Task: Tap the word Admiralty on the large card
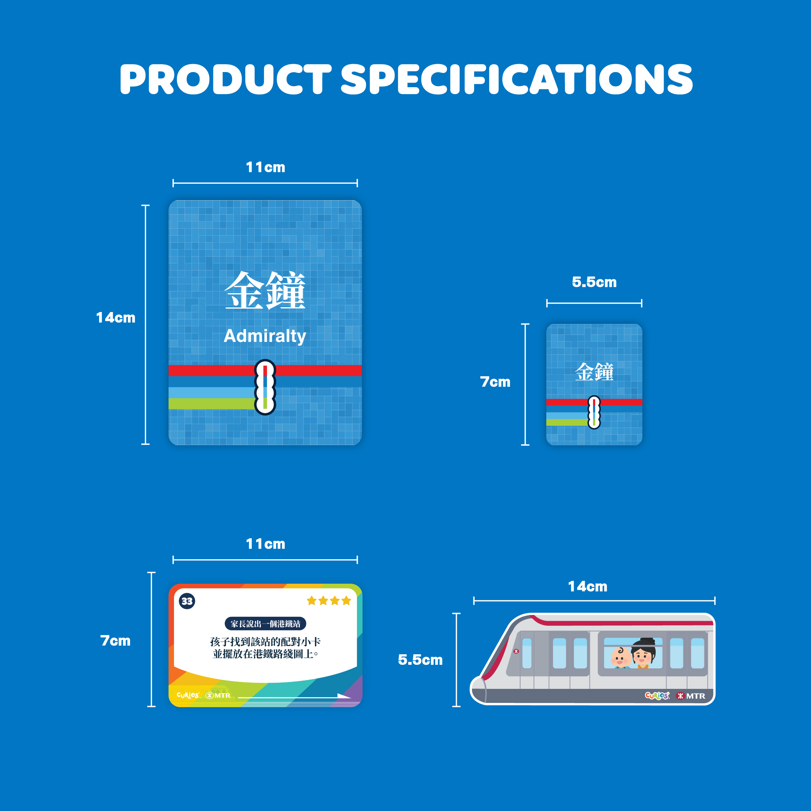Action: point(265,336)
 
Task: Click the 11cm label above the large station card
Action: point(265,167)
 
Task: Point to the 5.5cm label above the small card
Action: point(594,282)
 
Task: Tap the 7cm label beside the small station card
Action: point(495,382)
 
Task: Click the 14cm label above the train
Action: point(588,587)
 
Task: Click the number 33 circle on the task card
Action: point(187,601)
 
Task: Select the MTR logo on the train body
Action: point(691,696)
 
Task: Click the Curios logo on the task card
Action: point(188,695)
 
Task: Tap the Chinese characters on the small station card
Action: point(594,372)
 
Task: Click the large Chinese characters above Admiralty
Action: point(265,290)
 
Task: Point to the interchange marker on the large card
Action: point(265,387)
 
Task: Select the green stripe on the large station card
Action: point(212,404)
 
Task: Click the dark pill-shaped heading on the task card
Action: point(265,624)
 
